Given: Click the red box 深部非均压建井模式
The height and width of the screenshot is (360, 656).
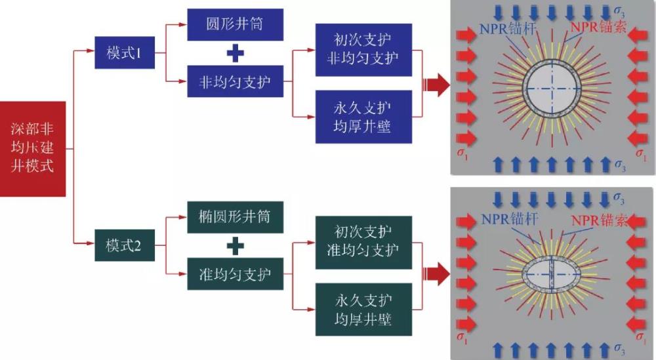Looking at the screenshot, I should pos(33,149).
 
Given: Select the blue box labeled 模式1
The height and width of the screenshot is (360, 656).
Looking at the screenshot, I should pos(124,53).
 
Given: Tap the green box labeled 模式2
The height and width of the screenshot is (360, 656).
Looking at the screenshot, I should pos(124,246).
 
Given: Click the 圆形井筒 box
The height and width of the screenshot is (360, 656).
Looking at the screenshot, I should pos(236,24).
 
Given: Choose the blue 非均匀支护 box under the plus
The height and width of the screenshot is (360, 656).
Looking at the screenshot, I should pos(236,83).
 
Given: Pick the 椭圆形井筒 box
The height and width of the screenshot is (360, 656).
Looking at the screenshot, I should pos(236,216).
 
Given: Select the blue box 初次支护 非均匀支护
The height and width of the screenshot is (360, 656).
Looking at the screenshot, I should pos(363,49).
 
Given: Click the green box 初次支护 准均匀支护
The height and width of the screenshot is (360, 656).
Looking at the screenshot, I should pos(363,241).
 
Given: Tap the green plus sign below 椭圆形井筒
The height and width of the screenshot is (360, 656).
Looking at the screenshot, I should pos(235,246).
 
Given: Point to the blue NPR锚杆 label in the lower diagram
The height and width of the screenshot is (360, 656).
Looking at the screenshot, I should pos(509,219).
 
